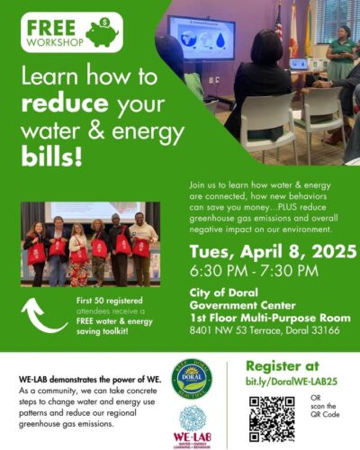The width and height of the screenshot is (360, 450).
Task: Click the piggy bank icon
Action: [x=103, y=32]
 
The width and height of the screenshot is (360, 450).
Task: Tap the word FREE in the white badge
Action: [x=51, y=28]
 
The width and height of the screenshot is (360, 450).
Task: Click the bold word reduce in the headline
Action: [x=65, y=103]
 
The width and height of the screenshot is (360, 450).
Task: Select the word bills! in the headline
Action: [x=51, y=157]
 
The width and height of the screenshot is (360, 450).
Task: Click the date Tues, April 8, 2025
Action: [x=273, y=251]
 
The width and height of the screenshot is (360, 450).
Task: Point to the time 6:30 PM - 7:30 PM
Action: [x=254, y=271]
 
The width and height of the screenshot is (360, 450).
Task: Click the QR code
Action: [x=272, y=419]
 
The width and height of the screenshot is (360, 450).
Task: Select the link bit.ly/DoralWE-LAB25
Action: [x=292, y=382]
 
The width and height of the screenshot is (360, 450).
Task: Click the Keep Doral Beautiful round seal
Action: [x=192, y=379]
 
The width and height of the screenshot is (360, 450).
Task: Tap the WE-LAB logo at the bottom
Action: [x=192, y=427]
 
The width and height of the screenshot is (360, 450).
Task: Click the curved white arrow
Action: [x=42, y=317]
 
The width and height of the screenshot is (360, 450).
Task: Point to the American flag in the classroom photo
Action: [x=279, y=23]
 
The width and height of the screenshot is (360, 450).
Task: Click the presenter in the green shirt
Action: [x=341, y=53]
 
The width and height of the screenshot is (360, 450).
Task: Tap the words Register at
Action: [x=283, y=366]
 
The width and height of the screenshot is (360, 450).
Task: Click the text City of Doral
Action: [x=223, y=292]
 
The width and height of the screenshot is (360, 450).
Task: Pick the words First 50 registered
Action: [x=110, y=301]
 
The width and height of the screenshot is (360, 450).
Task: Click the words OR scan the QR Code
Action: [x=325, y=406]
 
